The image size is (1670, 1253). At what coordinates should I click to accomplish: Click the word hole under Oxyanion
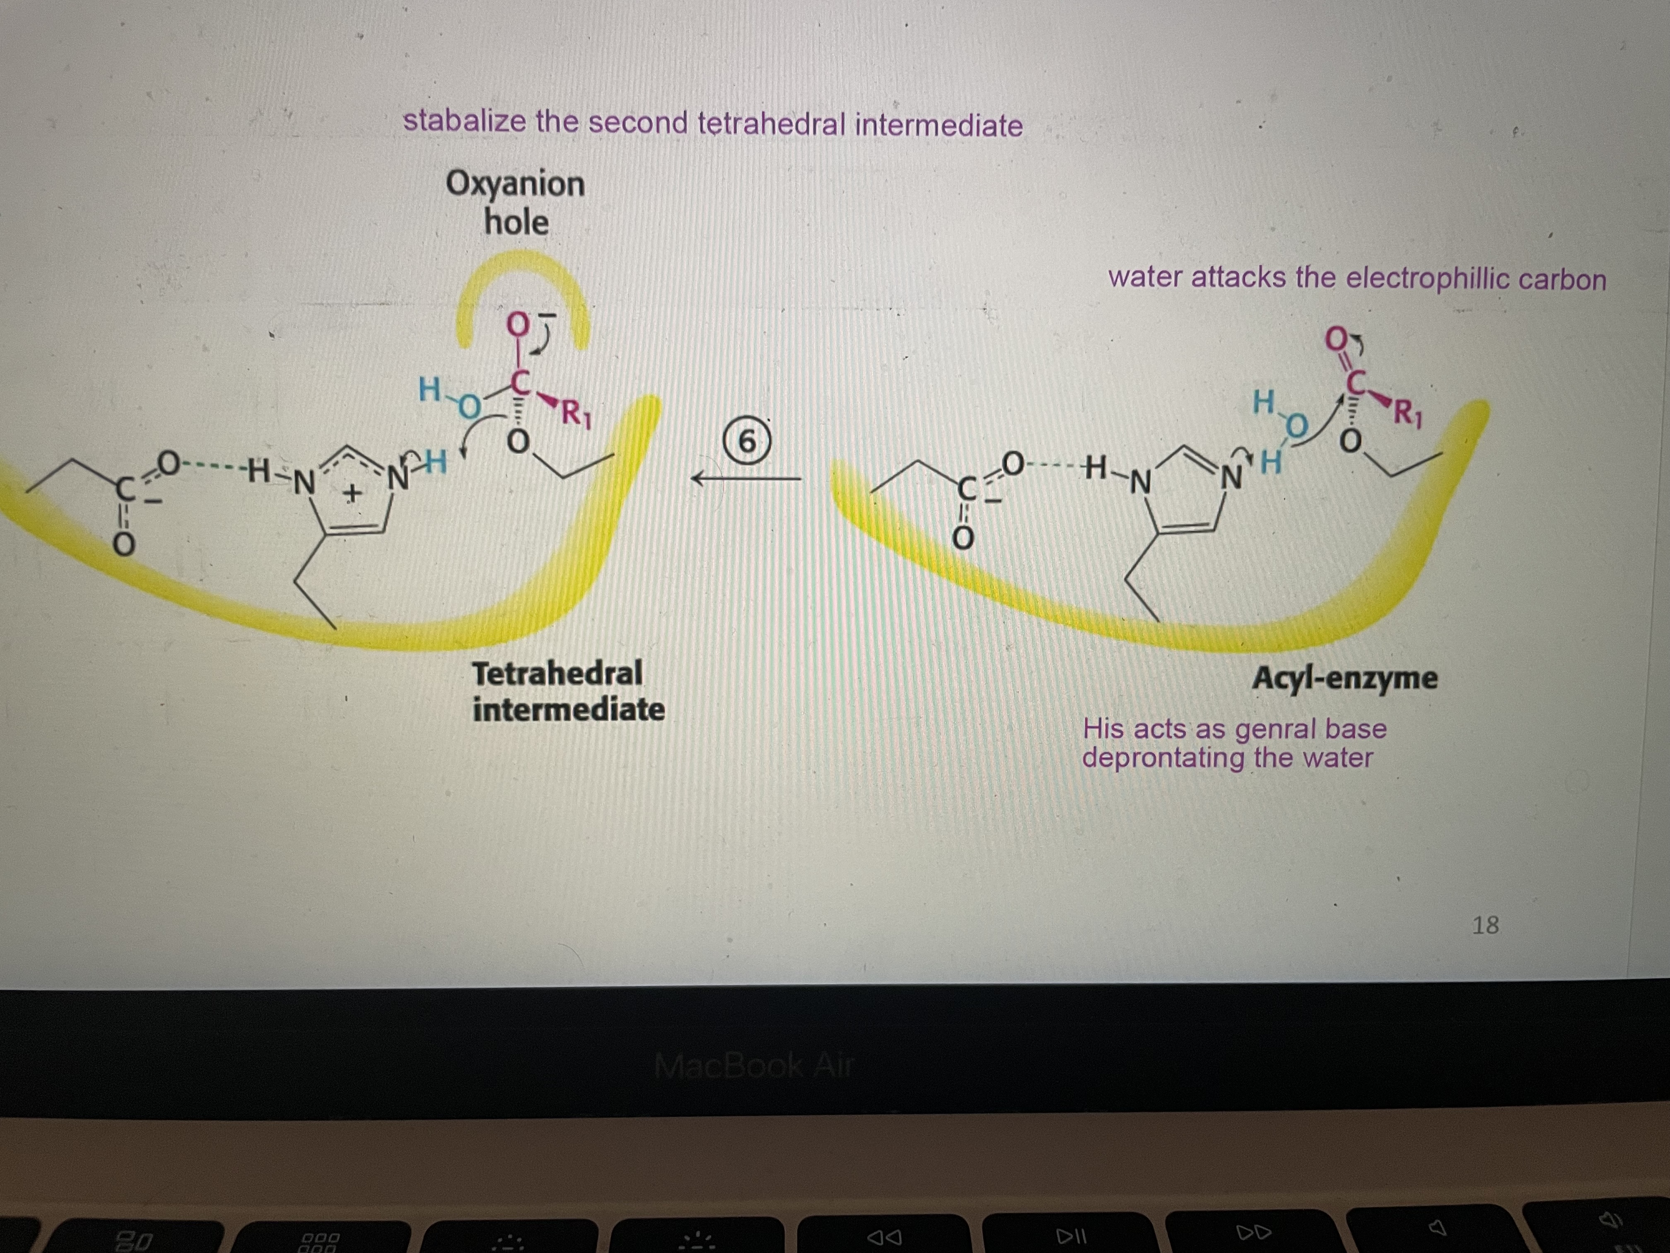[516, 222]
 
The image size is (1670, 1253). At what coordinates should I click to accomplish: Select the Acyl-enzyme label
[1344, 677]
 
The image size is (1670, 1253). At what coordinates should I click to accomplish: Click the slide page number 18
[1485, 925]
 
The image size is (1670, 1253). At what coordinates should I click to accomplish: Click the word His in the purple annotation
[1102, 729]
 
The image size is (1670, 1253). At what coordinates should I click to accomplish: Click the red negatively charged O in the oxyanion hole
[517, 325]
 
